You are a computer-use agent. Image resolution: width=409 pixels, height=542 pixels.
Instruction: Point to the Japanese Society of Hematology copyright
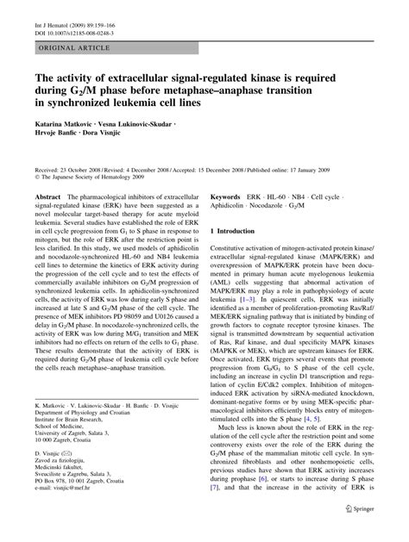point(95,179)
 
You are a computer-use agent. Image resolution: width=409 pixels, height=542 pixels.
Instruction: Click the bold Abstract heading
point(48,198)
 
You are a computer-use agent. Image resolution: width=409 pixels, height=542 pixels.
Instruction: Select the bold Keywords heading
point(229,198)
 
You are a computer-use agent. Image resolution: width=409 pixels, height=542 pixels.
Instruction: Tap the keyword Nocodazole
point(286,208)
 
